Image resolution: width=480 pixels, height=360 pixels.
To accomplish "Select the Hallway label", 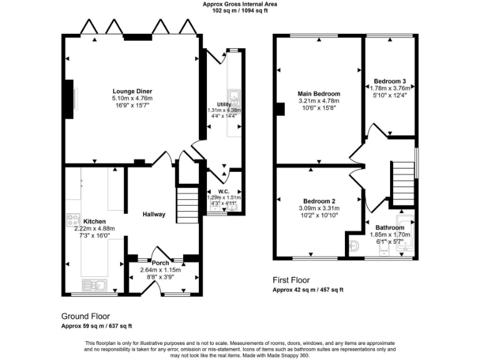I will point(154,214).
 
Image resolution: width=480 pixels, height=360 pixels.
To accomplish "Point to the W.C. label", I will point(224,192).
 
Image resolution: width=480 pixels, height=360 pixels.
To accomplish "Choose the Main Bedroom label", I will point(319,94).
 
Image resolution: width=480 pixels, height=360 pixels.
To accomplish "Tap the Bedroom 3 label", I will point(390,81).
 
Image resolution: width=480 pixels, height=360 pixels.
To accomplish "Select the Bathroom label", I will point(389,227).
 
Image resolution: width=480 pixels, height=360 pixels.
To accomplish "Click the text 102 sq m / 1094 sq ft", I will point(240,11).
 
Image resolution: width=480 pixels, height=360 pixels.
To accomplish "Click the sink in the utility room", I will point(234,96).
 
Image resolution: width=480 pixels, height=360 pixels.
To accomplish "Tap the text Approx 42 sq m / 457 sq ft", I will point(308,290).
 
